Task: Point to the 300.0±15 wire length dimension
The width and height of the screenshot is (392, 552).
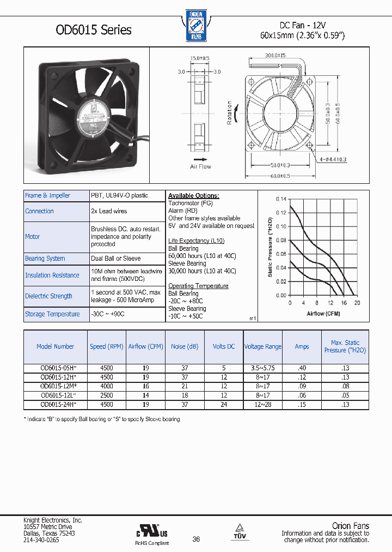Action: click(275, 56)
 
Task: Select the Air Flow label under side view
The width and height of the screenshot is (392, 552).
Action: click(200, 166)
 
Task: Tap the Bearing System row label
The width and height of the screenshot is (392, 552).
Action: click(45, 259)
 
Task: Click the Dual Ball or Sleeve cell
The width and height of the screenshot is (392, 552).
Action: click(116, 259)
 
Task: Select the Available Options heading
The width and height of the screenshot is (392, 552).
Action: click(193, 195)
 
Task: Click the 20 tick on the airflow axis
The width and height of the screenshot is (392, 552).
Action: click(357, 303)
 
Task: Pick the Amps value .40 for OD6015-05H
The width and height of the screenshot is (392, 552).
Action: click(301, 368)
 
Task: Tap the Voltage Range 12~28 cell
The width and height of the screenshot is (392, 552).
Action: click(262, 404)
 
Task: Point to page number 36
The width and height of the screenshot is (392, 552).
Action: click(196, 539)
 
